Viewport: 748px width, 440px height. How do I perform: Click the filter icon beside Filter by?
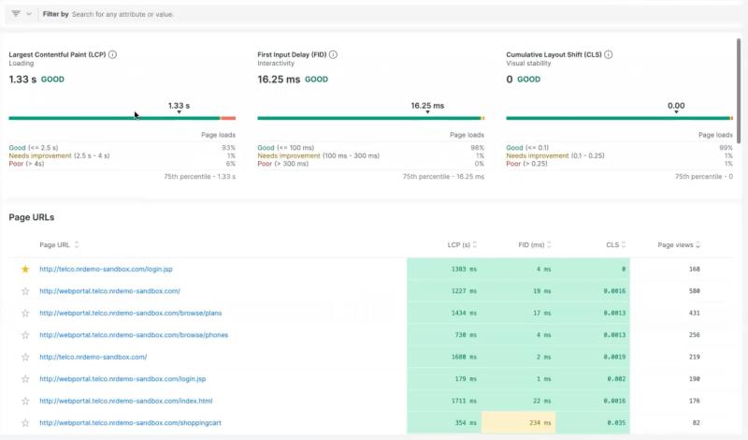(x=16, y=14)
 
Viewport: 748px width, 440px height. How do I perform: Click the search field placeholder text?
(x=122, y=15)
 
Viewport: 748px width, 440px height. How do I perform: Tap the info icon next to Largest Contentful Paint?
(x=113, y=55)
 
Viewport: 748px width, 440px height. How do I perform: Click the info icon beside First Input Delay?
(x=333, y=55)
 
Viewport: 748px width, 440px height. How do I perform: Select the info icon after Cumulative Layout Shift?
(x=609, y=55)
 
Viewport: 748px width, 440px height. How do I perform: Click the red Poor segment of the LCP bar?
(x=228, y=118)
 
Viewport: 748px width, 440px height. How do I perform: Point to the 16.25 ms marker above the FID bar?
(x=427, y=106)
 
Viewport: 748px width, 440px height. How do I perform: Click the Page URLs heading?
(x=32, y=217)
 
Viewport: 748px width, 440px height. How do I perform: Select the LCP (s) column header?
(x=458, y=245)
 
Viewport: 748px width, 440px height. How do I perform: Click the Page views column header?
(x=676, y=245)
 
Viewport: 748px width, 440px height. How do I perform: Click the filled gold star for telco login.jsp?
(x=25, y=270)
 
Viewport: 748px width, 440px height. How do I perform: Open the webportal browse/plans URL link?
(x=130, y=314)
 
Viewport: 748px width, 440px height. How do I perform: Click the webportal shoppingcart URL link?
(x=130, y=423)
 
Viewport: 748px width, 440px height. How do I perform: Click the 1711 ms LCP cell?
(x=444, y=401)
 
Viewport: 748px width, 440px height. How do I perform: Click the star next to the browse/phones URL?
(x=25, y=335)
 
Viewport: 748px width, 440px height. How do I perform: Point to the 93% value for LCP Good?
(x=228, y=148)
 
